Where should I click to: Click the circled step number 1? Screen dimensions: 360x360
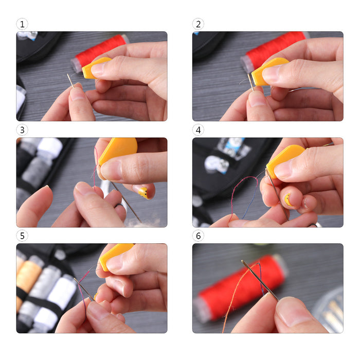pos(22,24)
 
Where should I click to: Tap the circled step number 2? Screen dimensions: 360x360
pos(198,24)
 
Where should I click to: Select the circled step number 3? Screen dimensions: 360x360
pos(22,130)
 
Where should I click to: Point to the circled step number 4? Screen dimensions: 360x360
pos(198,130)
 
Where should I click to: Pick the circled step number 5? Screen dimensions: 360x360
pos(22,236)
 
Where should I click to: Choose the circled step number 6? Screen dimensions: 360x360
pos(198,236)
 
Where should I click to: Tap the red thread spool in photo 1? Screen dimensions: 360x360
pos(99,53)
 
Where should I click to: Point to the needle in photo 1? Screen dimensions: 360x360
pos(71,81)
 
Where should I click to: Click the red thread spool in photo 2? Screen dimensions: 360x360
pos(273,49)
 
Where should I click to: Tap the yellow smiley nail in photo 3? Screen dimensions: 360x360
pos(143,193)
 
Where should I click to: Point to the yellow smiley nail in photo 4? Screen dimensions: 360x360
pos(288,200)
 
